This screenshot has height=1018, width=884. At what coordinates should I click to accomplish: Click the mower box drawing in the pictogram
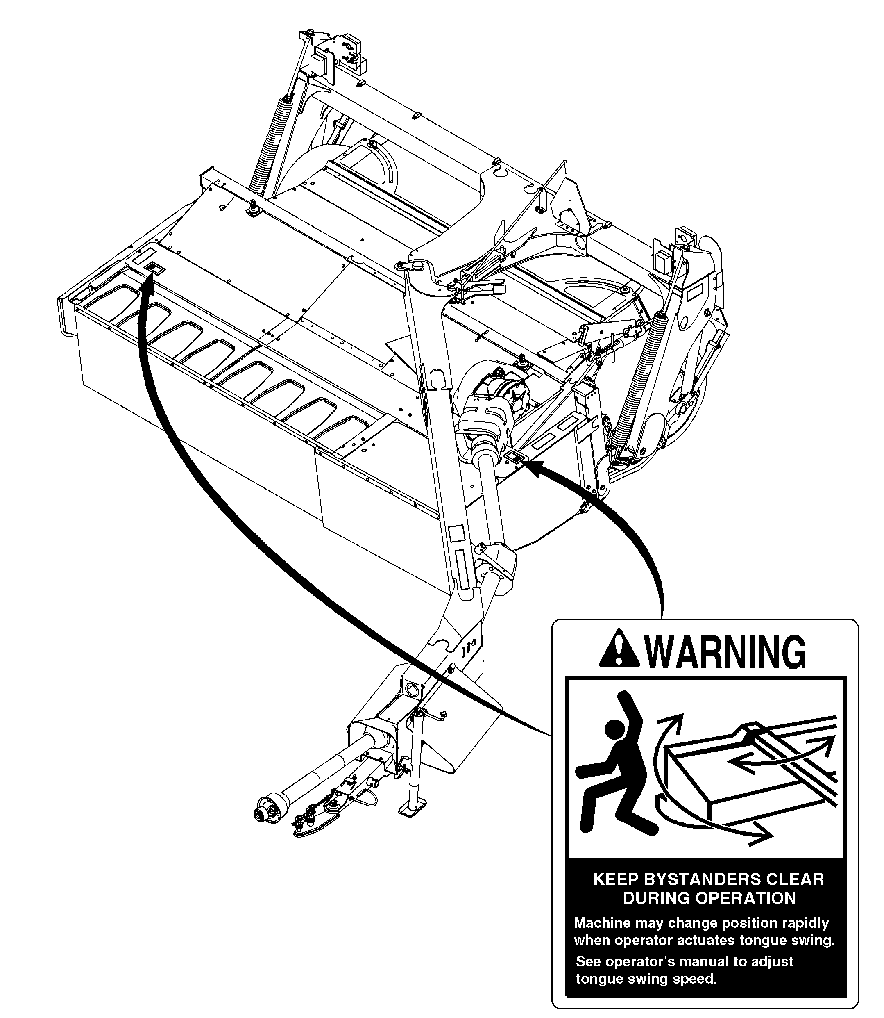click(x=750, y=775)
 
